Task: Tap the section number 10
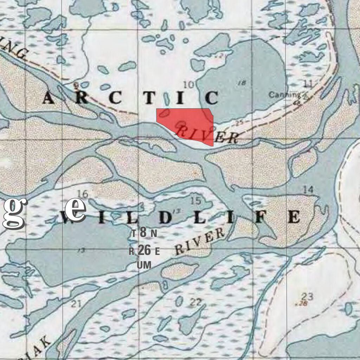click(189, 84)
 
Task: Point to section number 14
click(308, 189)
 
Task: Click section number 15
click(195, 201)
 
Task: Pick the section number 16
click(83, 194)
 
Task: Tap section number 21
click(76, 304)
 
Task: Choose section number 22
click(195, 302)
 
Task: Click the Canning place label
click(285, 95)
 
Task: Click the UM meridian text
click(144, 265)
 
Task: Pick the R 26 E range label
click(144, 251)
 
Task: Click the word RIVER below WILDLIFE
click(199, 242)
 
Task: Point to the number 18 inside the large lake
click(242, 83)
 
